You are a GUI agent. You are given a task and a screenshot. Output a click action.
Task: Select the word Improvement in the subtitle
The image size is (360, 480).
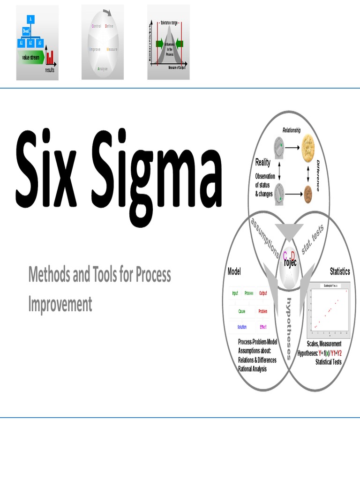(x=60, y=305)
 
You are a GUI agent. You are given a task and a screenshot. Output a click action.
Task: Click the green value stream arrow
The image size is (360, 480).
(x=32, y=58)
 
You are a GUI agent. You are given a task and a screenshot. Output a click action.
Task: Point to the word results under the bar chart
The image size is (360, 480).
(x=50, y=71)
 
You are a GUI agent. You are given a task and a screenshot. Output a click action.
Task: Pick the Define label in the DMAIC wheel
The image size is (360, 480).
(x=109, y=26)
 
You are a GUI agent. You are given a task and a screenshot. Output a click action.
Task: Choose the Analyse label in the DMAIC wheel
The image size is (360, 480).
(x=103, y=69)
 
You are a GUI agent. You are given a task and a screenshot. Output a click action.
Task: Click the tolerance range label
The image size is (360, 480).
(x=168, y=22)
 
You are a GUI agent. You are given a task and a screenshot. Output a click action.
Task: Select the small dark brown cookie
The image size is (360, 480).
(x=308, y=193)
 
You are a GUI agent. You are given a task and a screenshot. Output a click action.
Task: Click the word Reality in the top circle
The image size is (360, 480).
(x=262, y=163)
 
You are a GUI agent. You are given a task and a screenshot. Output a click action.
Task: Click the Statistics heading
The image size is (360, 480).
(x=340, y=271)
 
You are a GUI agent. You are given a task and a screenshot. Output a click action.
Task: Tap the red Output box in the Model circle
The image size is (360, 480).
(x=263, y=293)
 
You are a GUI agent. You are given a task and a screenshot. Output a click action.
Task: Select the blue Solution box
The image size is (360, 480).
(x=242, y=327)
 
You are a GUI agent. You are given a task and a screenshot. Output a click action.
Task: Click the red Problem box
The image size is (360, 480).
(x=263, y=311)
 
